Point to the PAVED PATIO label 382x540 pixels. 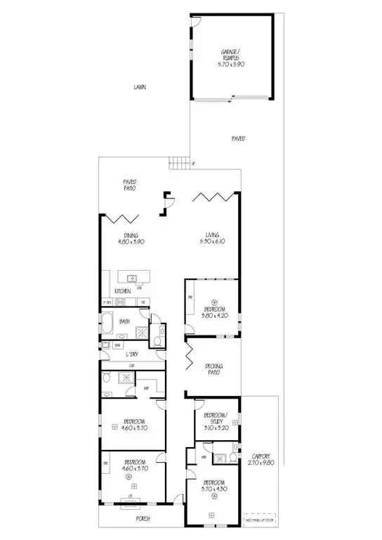[129, 185]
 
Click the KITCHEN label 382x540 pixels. [122, 291]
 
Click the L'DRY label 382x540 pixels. [131, 354]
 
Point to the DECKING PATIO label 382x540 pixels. [213, 369]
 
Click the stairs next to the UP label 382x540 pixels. [180, 164]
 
